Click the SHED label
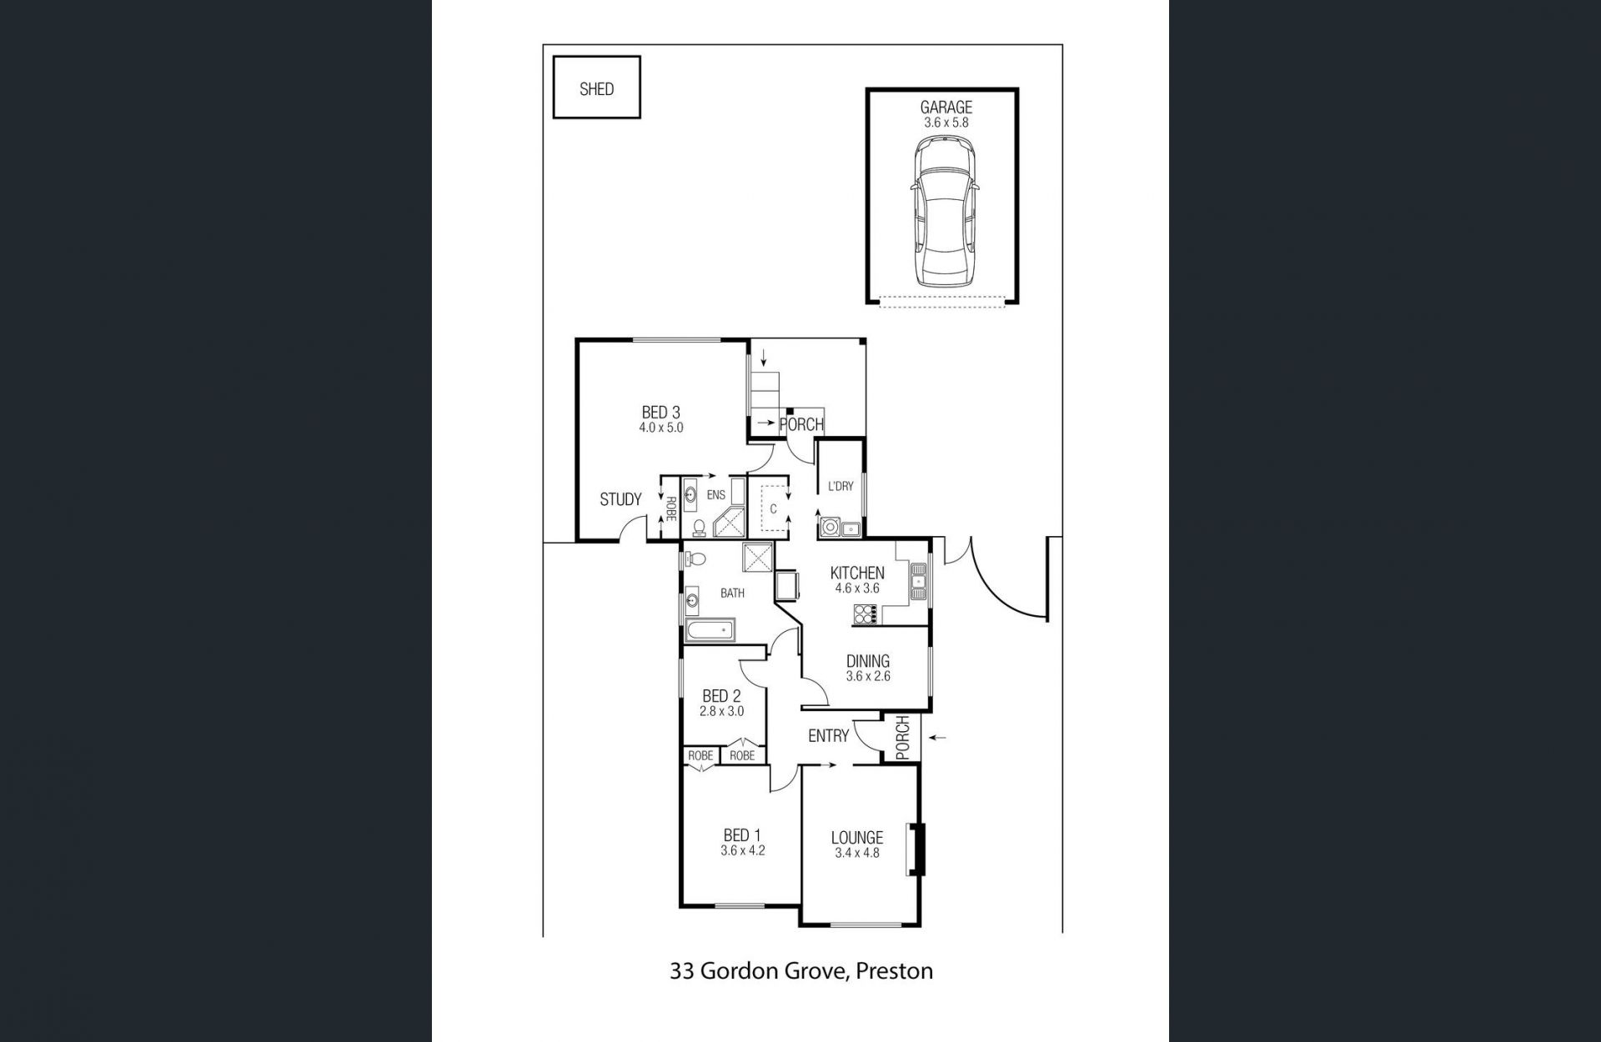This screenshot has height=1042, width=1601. pyautogui.click(x=596, y=89)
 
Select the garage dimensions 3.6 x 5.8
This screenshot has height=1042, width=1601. pyautogui.click(x=946, y=122)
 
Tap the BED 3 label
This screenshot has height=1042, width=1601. pyautogui.click(x=660, y=412)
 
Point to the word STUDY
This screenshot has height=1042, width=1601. pyautogui.click(x=620, y=499)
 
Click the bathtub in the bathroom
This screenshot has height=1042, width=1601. pyautogui.click(x=710, y=630)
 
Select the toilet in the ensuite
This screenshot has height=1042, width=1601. pyautogui.click(x=699, y=527)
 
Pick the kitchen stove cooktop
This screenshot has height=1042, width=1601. pyautogui.click(x=866, y=614)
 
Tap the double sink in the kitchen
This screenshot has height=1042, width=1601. pyautogui.click(x=919, y=581)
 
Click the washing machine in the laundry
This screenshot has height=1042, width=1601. pyautogui.click(x=830, y=527)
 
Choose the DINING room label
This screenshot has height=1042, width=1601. pyautogui.click(x=868, y=661)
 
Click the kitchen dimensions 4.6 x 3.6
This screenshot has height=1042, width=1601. pyautogui.click(x=857, y=588)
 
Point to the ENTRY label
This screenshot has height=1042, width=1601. pyautogui.click(x=828, y=735)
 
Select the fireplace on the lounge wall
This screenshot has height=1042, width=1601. pyautogui.click(x=916, y=849)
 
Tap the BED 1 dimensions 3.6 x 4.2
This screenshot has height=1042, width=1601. pyautogui.click(x=743, y=851)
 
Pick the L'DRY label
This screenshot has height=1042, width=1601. pyautogui.click(x=841, y=486)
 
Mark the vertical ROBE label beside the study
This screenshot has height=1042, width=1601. pyautogui.click(x=670, y=508)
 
